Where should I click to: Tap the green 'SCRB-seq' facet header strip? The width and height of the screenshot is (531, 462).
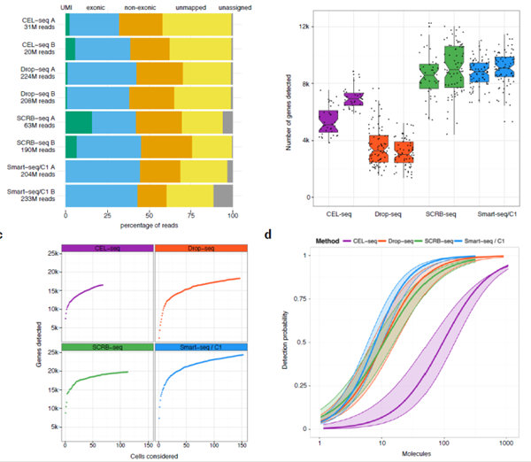pyautogui.click(x=106, y=349)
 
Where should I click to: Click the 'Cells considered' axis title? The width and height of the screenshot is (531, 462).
pyautogui.click(x=153, y=455)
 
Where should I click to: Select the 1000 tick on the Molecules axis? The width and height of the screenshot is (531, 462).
pyautogui.click(x=505, y=441)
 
